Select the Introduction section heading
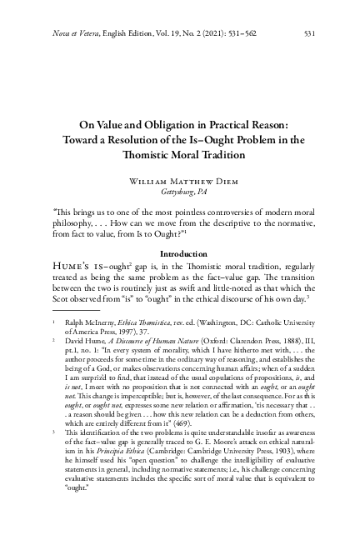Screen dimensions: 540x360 pos(180,252)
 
